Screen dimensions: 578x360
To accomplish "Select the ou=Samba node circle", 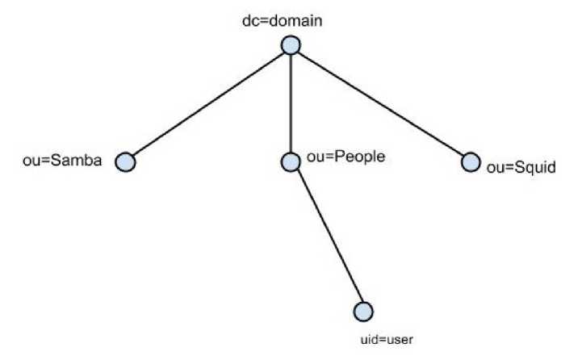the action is [125, 162].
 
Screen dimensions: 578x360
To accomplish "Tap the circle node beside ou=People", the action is [291, 162].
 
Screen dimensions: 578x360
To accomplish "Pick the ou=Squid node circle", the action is [471, 162].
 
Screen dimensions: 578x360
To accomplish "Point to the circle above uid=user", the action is [363, 311].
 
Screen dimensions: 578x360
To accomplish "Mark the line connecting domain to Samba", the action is [208, 104].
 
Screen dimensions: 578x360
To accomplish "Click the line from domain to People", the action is [291, 103].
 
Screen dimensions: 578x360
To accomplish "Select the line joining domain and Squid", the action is [381, 104].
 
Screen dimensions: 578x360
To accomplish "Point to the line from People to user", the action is [327, 237].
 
